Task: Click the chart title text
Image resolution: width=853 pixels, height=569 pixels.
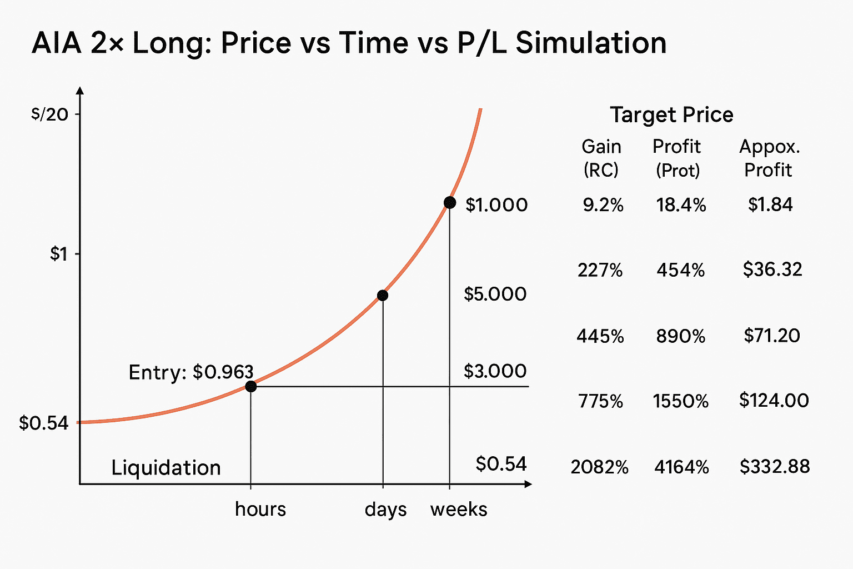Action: [349, 43]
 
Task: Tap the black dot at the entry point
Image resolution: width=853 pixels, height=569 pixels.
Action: [250, 386]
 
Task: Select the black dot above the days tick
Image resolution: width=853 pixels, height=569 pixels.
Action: [382, 295]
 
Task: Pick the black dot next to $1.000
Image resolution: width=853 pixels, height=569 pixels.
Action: [450, 202]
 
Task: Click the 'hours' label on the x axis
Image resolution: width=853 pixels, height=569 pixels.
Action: [260, 509]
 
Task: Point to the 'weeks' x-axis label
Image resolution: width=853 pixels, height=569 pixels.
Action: [459, 509]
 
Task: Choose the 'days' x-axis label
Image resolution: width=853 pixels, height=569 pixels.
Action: [385, 509]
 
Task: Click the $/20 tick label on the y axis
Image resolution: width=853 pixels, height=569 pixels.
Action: [50, 114]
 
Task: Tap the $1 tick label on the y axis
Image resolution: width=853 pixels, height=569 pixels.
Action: [58, 254]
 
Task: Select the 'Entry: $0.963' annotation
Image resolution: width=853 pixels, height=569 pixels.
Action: [190, 372]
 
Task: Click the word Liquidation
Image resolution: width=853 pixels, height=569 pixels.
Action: [165, 468]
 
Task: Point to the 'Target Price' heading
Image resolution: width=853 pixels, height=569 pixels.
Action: [671, 115]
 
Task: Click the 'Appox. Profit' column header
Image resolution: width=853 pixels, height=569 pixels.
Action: [769, 158]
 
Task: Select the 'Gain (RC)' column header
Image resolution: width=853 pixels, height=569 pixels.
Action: [601, 158]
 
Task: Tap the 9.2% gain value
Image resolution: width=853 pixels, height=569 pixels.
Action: [603, 206]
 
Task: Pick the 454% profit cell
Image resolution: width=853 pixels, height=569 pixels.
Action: [680, 271]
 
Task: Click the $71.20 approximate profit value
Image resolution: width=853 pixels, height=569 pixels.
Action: [772, 336]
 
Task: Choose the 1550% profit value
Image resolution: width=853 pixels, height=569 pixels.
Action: [680, 401]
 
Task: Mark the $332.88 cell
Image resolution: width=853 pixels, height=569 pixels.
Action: [774, 466]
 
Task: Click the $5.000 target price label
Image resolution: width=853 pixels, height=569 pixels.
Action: [495, 294]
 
